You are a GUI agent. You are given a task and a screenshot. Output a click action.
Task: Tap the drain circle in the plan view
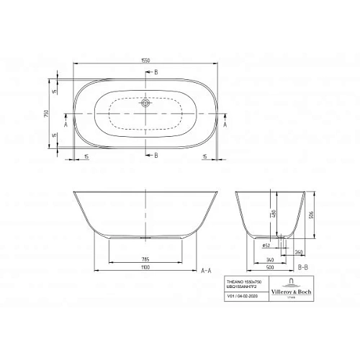tap(146, 104)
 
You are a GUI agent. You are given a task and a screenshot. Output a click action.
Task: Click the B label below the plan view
tap(157, 154)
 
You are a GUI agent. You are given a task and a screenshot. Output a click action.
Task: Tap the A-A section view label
tap(205, 271)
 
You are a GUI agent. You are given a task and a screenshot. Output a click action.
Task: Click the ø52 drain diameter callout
tap(266, 245)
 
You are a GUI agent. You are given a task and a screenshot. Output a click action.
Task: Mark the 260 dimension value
tap(297, 251)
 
